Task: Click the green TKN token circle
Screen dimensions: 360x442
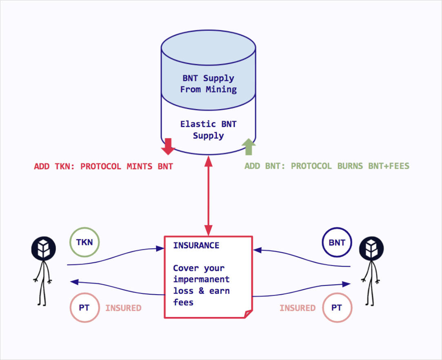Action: click(84, 242)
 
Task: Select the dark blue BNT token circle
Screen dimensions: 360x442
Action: click(337, 242)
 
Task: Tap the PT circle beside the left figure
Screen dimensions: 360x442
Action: click(84, 308)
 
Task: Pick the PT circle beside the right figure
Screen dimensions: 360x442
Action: click(336, 308)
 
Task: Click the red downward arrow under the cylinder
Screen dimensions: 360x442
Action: click(168, 147)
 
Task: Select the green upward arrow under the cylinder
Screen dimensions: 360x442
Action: click(249, 147)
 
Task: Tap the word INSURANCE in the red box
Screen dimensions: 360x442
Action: click(196, 245)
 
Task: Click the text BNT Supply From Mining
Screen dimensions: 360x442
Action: click(208, 84)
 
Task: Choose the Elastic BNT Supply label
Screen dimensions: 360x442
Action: click(208, 130)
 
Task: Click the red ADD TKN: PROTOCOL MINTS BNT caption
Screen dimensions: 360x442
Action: click(103, 167)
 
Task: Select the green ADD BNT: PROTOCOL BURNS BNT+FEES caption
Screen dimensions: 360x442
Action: click(327, 166)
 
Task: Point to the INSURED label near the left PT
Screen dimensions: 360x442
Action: click(123, 308)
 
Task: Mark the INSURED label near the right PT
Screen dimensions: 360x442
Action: click(297, 308)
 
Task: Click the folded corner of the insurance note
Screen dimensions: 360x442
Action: click(248, 313)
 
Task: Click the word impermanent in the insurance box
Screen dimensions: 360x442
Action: click(201, 280)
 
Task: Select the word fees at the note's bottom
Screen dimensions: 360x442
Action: click(183, 302)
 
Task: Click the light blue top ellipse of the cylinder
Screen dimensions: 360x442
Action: click(208, 43)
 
